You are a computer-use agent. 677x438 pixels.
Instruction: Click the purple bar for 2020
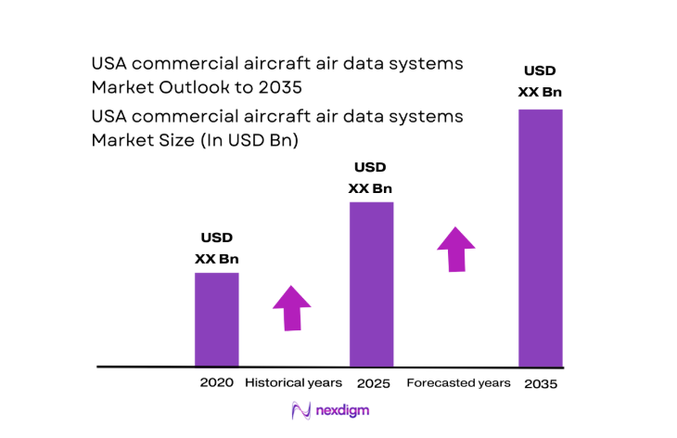point(216,319)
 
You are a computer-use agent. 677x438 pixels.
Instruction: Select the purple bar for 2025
point(371,284)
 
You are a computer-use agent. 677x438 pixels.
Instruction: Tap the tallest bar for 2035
point(540,238)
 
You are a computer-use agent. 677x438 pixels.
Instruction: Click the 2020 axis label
point(216,382)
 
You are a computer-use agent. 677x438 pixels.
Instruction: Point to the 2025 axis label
point(371,382)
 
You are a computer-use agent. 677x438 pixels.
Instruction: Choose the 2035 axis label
point(541,383)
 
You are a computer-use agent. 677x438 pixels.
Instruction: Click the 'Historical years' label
point(293,382)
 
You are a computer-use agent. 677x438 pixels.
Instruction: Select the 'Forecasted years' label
point(458,382)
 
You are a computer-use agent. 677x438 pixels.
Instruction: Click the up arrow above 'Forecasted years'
point(455,248)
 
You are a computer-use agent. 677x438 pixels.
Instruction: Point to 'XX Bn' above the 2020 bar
point(216,259)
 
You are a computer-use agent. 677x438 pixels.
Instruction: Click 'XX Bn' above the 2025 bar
point(370,188)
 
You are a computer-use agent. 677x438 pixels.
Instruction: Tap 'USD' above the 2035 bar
point(540,70)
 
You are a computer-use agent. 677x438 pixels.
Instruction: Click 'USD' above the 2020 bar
point(216,238)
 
